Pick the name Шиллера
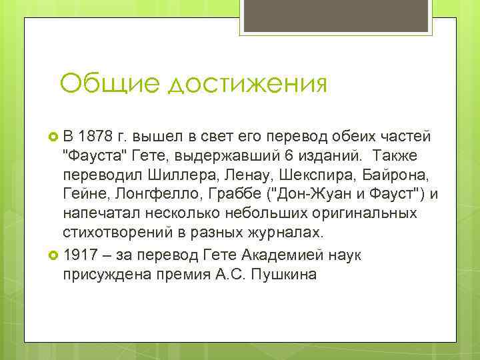point(165,175)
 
